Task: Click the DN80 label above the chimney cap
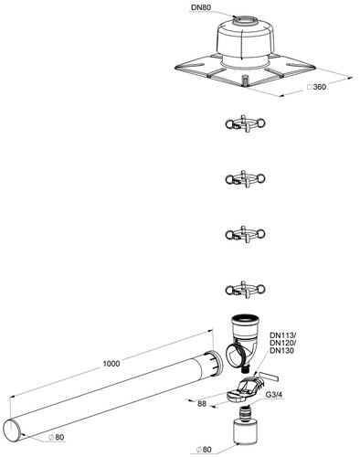pyautogui.click(x=201, y=7)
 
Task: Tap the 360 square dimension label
pyautogui.click(x=317, y=87)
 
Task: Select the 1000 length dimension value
pyautogui.click(x=111, y=364)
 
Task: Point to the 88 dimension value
pyautogui.click(x=202, y=404)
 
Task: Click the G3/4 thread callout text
pyautogui.click(x=274, y=395)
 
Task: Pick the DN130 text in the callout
pyautogui.click(x=282, y=351)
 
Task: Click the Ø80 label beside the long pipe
pyautogui.click(x=57, y=438)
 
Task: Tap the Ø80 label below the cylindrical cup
pyautogui.click(x=204, y=450)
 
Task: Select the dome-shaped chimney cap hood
pyautogui.click(x=246, y=38)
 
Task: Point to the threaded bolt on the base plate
pyautogui.click(x=244, y=80)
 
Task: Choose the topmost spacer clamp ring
pyautogui.click(x=245, y=123)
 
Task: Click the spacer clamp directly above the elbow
pyautogui.click(x=245, y=290)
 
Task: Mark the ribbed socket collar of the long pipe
pyautogui.click(x=214, y=363)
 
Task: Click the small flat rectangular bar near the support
pyautogui.click(x=268, y=377)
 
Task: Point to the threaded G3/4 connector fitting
pyautogui.click(x=246, y=412)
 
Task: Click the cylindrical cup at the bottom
pyautogui.click(x=246, y=432)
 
